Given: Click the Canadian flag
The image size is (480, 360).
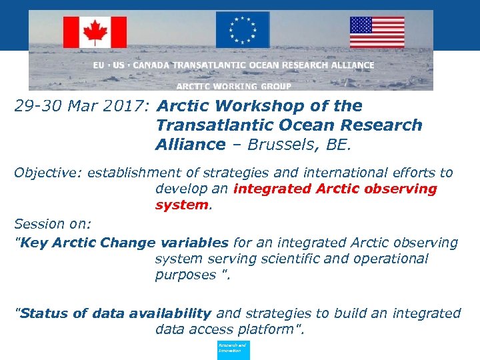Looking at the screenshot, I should [x=95, y=32].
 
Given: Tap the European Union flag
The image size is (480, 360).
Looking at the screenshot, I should [x=242, y=30].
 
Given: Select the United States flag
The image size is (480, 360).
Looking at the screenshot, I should [x=377, y=32].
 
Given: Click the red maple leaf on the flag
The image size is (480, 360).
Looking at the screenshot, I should [x=95, y=32].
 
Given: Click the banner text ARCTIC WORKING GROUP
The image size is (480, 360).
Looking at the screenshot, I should [x=234, y=86].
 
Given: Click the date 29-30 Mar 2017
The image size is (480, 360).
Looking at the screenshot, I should [x=82, y=106].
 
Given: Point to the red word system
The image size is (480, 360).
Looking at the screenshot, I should [x=182, y=205].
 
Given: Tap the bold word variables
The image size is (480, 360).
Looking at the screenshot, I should [x=193, y=243].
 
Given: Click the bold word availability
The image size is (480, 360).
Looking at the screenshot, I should [x=169, y=313].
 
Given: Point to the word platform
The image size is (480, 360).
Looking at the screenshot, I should [x=269, y=329].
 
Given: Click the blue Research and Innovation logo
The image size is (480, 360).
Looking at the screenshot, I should [x=233, y=350].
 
